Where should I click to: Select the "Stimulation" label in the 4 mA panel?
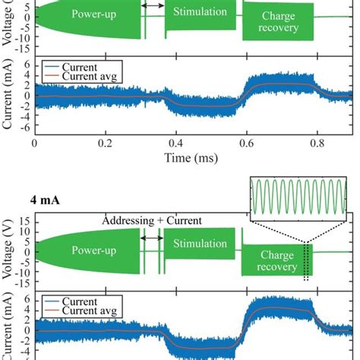[x=200, y=244]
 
